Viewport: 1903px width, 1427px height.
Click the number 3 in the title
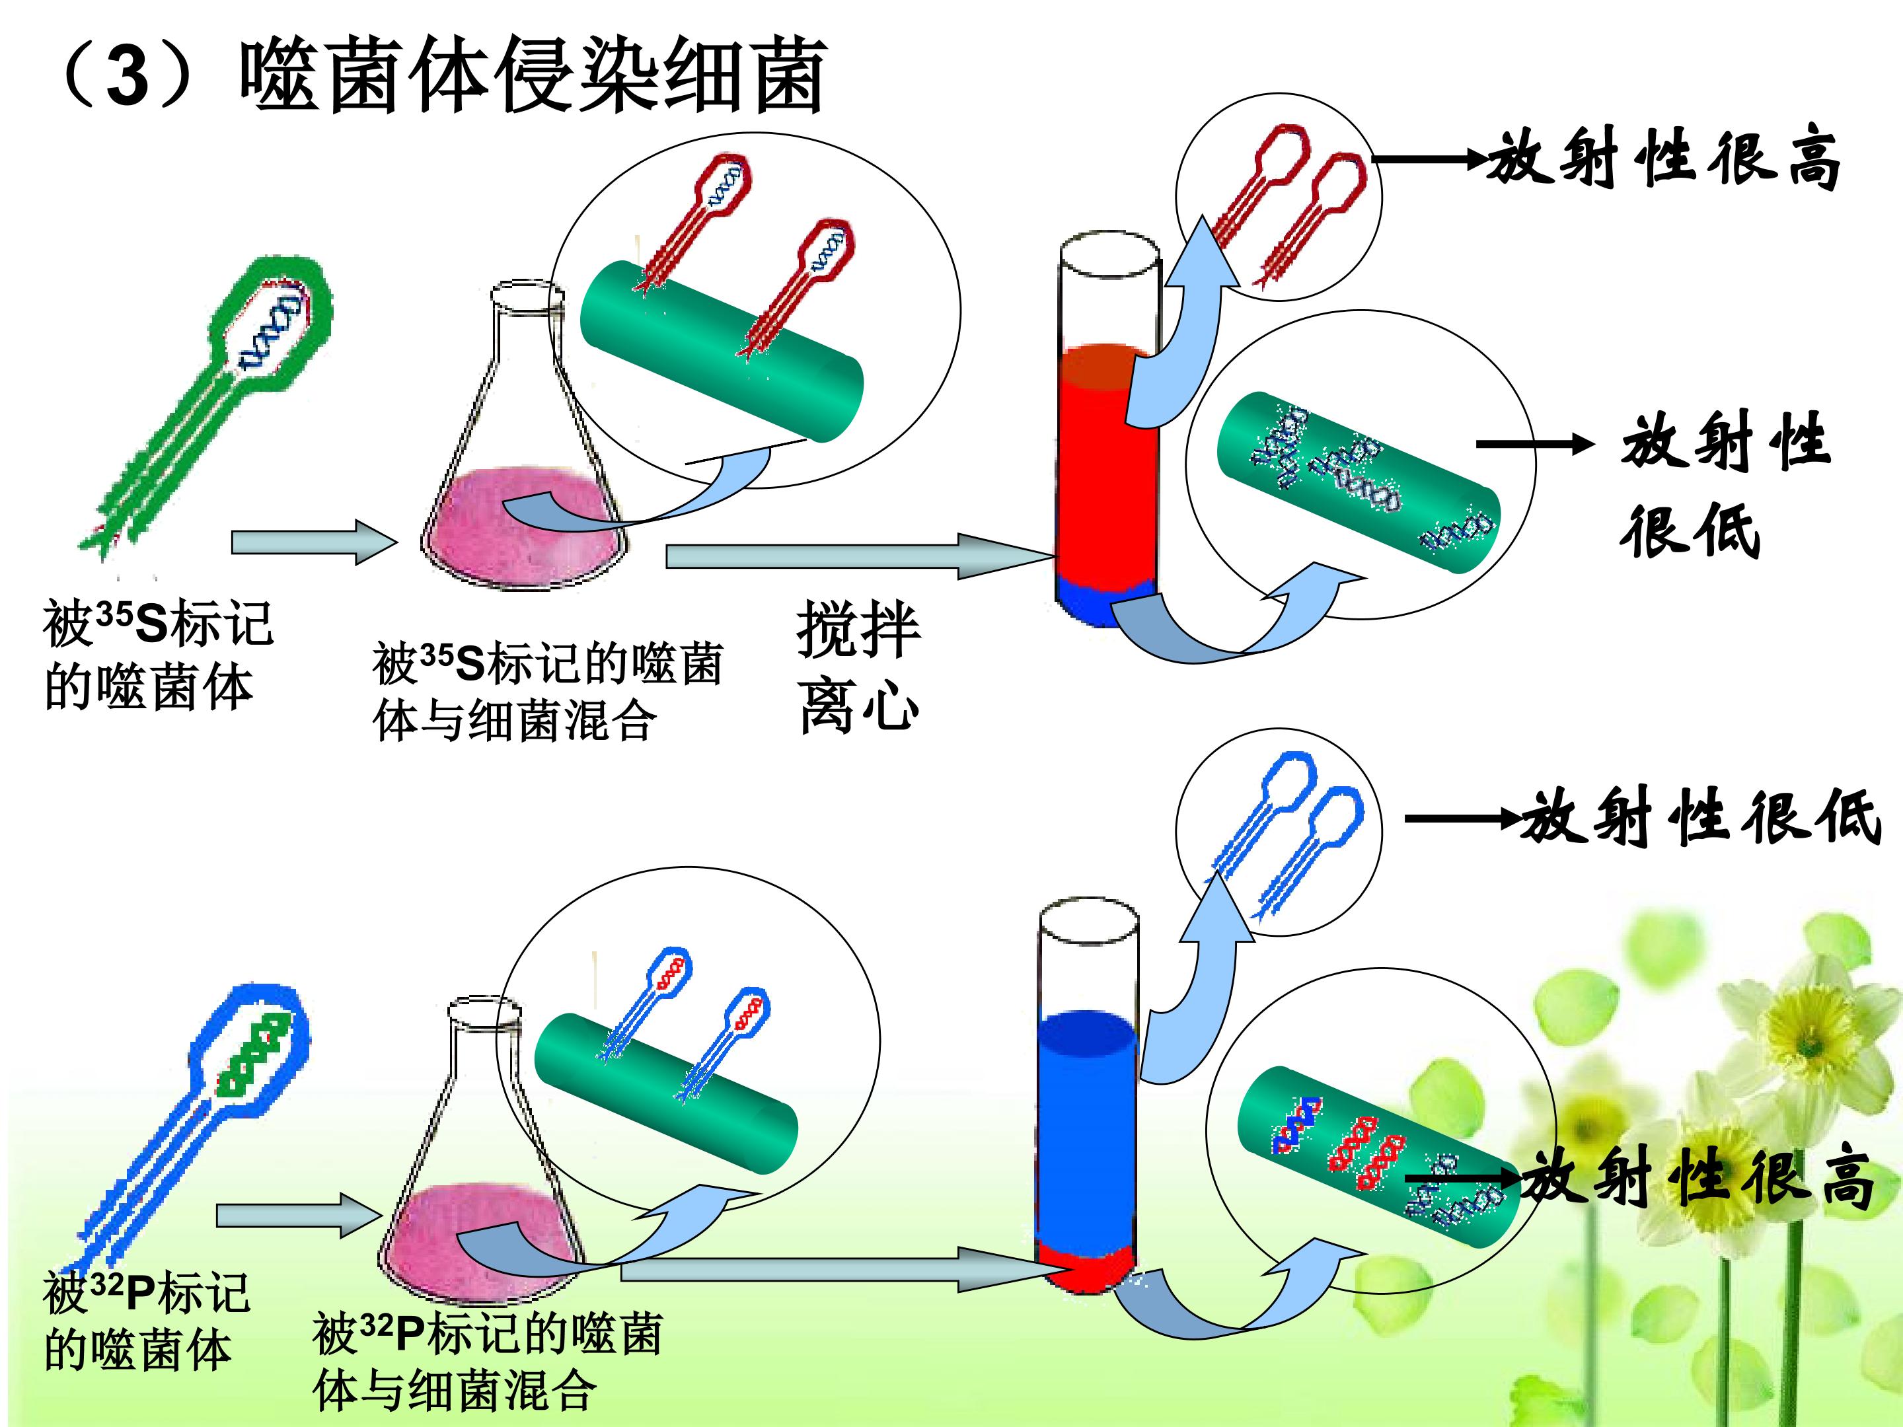click(x=129, y=76)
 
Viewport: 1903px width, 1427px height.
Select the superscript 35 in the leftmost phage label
click(x=114, y=616)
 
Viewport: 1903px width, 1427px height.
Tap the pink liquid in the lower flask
click(x=482, y=1239)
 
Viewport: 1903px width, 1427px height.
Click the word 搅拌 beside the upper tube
click(x=858, y=630)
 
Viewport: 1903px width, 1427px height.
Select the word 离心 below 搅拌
click(x=858, y=706)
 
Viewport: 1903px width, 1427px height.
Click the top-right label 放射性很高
click(x=1664, y=159)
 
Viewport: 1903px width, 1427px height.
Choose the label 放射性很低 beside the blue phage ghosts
click(x=1699, y=817)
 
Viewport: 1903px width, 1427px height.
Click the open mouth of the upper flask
click(x=527, y=296)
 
